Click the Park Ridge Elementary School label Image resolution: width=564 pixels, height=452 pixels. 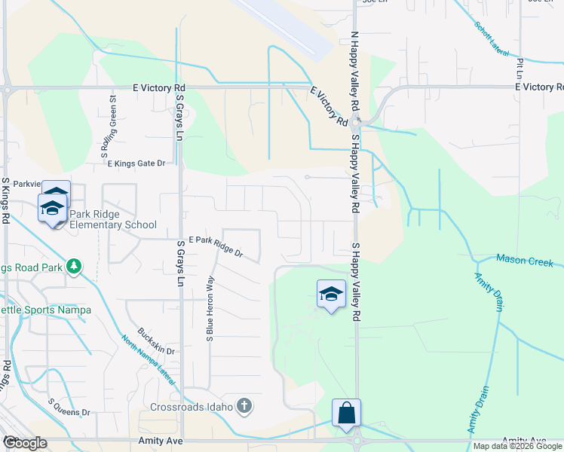pos(113,219)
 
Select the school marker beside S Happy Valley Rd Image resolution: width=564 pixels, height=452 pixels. pos(331,295)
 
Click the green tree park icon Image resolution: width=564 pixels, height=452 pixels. pos(74,266)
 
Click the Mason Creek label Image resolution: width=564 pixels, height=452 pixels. pos(525,261)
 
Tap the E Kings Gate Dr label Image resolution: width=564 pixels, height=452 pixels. pos(136,163)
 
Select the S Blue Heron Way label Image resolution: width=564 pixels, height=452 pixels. pos(210,309)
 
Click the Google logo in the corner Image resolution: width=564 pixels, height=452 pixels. pos(26,442)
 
